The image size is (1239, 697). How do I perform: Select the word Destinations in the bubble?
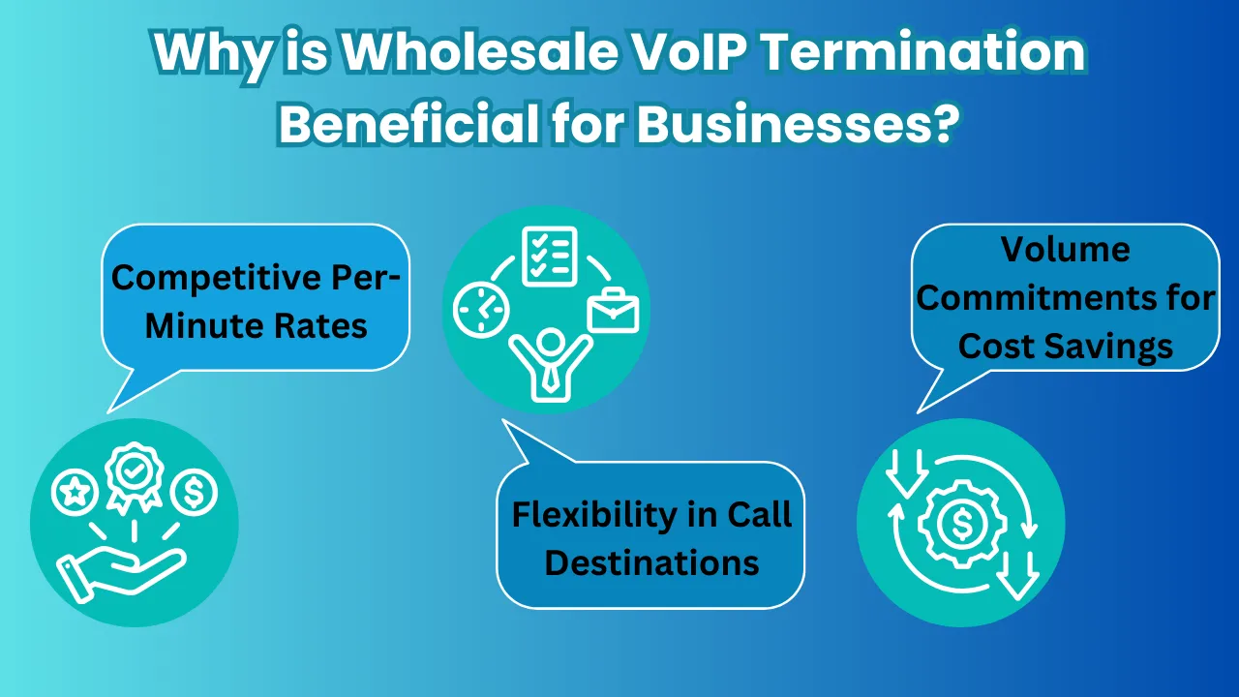[651, 563]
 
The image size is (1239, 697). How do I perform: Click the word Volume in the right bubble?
[1065, 250]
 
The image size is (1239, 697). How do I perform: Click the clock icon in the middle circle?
[481, 311]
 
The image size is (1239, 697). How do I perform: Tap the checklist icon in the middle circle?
[549, 256]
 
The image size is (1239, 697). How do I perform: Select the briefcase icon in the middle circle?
[613, 310]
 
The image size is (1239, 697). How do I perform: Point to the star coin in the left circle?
[74, 493]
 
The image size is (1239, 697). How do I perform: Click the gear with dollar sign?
[961, 524]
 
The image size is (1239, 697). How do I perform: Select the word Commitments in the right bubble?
[1065, 298]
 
